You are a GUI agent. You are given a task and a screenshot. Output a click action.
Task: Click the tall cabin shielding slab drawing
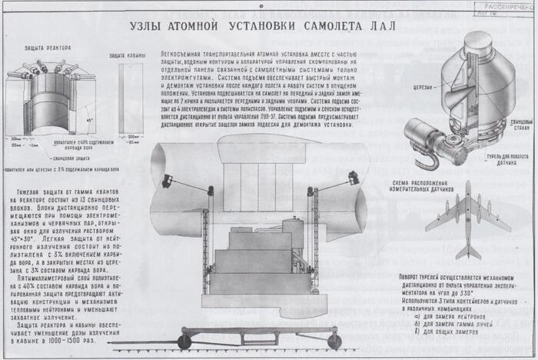[x=130, y=96]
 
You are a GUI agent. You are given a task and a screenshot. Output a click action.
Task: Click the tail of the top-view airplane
[x=468, y=251]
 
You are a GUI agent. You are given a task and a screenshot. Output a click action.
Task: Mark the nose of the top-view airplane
[x=468, y=185]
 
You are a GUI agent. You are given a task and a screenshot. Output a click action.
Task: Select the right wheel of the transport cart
[x=334, y=340]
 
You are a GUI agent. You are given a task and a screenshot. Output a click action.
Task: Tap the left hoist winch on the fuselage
[x=167, y=182]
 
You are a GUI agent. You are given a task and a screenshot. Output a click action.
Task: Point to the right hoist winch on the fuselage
[x=354, y=178]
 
